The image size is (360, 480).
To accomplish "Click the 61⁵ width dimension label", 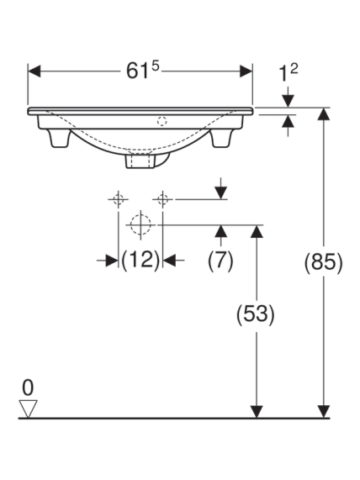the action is (143, 71).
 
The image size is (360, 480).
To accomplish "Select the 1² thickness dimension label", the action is (288, 73).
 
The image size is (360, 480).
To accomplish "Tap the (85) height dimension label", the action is (323, 263).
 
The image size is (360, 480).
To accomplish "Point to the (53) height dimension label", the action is (256, 314).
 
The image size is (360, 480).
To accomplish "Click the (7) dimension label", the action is (220, 261).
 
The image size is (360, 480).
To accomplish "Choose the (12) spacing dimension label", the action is (140, 261).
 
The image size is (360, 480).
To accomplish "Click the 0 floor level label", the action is (28, 388).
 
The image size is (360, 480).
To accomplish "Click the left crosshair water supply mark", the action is (119, 199).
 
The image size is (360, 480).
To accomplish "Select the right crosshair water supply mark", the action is (162, 199).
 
